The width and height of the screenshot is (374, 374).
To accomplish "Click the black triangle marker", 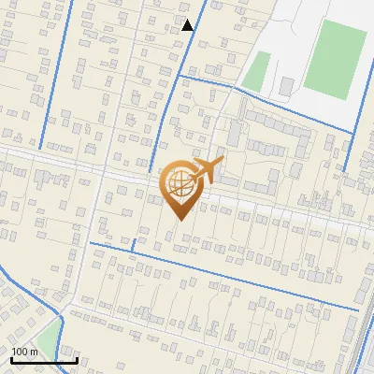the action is pos(188,25).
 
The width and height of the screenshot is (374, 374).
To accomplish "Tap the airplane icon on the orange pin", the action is pos(206,171).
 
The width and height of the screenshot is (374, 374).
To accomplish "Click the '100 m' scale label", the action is pos(24,352).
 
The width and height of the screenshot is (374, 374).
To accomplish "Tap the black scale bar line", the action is pos(43,360).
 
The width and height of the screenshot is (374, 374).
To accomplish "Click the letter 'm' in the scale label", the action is pos(34,352).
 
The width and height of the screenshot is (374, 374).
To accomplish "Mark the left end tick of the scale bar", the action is pos(11,358).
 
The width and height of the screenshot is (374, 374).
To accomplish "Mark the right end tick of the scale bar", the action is pos(76,358).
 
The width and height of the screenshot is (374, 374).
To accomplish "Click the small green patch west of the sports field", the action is pos(257,71).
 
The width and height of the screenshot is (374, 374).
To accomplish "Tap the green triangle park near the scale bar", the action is pos(47,340).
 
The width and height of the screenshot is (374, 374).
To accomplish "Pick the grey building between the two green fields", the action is pos(286,86).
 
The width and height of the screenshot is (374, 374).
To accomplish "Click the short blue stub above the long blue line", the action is pos(134,245).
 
